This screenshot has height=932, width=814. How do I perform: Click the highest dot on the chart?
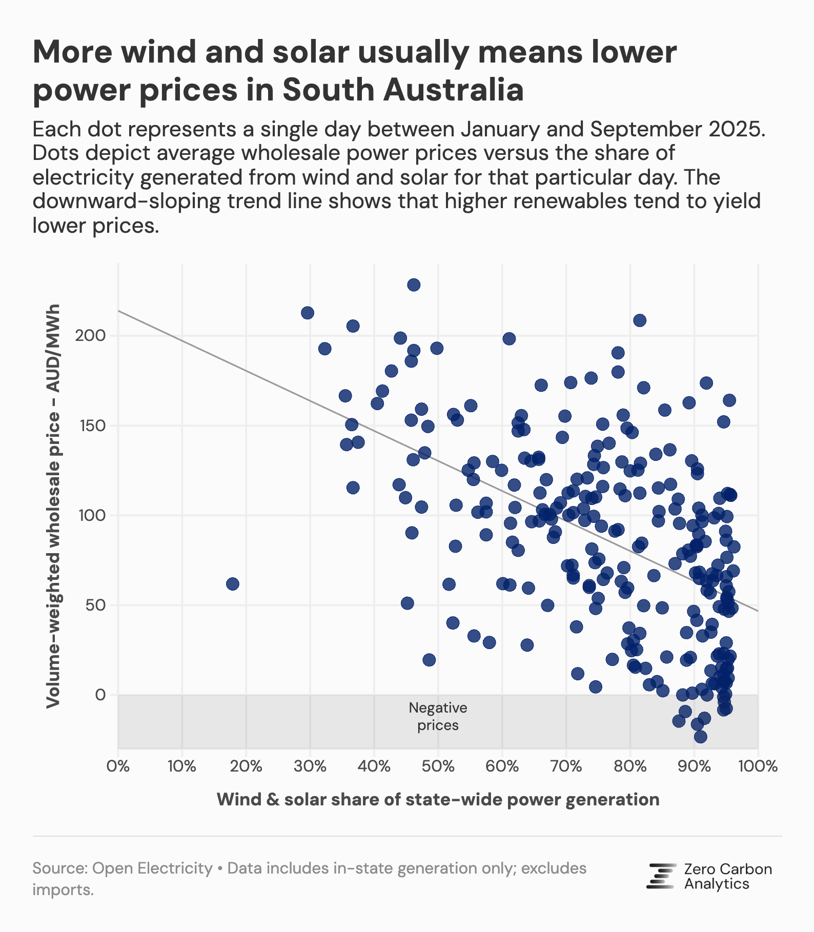(414, 285)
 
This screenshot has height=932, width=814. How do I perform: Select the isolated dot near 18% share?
(233, 584)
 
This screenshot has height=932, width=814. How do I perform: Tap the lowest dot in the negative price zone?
(701, 737)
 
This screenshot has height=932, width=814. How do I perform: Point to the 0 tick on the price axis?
(99, 695)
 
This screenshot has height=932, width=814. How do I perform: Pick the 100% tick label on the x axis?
(758, 767)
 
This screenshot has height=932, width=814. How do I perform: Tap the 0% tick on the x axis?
(118, 767)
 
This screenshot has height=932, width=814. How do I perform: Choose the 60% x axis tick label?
(502, 767)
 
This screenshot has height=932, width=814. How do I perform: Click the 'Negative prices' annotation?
(438, 717)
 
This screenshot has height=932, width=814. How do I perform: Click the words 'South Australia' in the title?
(403, 90)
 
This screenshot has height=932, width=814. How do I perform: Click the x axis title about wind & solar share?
(438, 799)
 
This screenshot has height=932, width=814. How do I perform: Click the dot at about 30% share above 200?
(308, 313)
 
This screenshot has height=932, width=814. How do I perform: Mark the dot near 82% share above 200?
(640, 320)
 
